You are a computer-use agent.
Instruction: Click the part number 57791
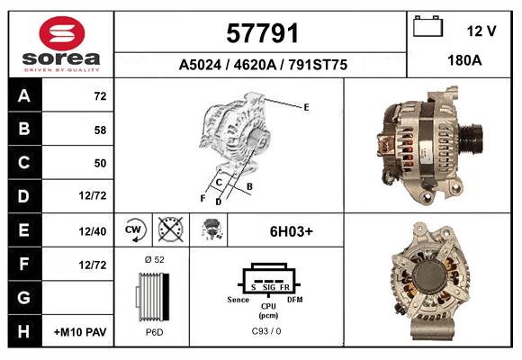[261, 33]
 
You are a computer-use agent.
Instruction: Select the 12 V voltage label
[481, 31]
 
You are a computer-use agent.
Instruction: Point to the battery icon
[427, 27]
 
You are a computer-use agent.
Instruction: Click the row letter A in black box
[23, 95]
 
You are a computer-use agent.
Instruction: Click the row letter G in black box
[23, 298]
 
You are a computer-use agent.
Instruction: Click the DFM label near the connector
[294, 299]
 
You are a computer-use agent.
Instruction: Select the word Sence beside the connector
[238, 299]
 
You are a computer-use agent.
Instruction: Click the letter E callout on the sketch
[306, 107]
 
